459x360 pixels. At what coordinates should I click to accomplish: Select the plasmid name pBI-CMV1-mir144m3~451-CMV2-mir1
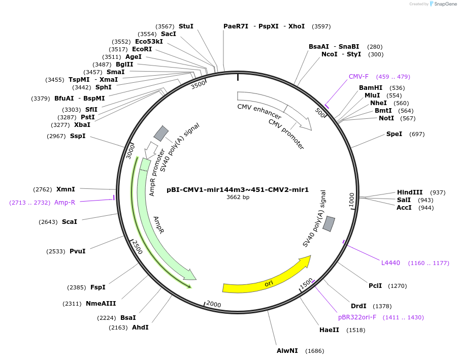(238, 190)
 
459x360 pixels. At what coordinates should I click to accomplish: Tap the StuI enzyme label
(186, 26)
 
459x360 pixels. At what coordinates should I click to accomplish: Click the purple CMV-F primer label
(358, 77)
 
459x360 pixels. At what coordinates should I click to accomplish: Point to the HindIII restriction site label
(410, 192)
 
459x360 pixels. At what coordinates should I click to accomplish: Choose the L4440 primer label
(390, 263)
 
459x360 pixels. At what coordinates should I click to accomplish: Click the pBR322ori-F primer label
(357, 317)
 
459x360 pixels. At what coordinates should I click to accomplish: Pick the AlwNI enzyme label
(287, 351)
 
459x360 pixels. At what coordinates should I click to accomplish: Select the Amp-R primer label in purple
(64, 202)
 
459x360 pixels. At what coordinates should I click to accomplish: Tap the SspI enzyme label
(78, 136)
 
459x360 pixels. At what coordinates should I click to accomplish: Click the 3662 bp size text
(238, 197)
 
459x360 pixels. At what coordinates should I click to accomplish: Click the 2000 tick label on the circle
(213, 304)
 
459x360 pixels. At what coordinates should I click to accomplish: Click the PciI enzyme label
(375, 286)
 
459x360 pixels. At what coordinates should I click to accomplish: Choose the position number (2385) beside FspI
(77, 287)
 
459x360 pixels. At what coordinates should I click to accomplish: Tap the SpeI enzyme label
(394, 134)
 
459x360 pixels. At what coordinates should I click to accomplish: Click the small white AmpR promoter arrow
(151, 149)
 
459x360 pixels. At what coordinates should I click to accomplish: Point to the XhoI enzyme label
(297, 26)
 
